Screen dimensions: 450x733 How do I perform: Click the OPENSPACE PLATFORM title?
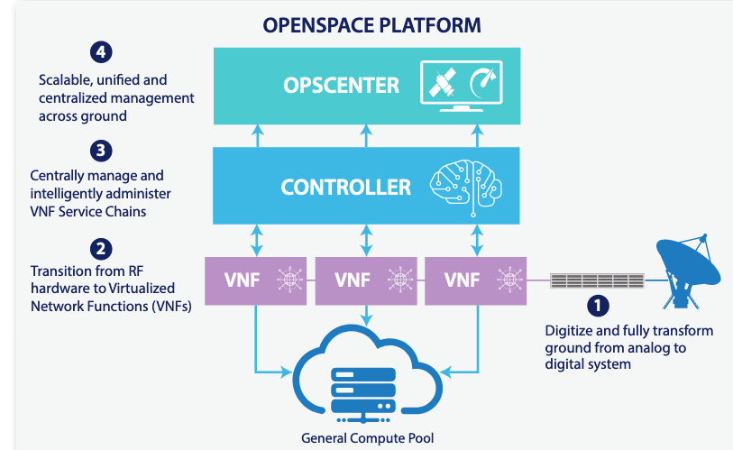(365, 24)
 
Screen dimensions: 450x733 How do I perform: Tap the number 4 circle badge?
(101, 52)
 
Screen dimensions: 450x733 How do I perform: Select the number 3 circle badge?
(101, 150)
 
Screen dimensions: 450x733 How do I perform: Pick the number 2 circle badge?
(101, 247)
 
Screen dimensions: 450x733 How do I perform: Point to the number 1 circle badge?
(599, 306)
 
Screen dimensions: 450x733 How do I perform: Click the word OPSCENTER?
(341, 86)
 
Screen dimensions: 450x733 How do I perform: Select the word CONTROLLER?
(345, 188)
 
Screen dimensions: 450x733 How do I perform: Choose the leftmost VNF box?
(256, 280)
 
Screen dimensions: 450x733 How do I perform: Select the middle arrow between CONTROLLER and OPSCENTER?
(365, 136)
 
